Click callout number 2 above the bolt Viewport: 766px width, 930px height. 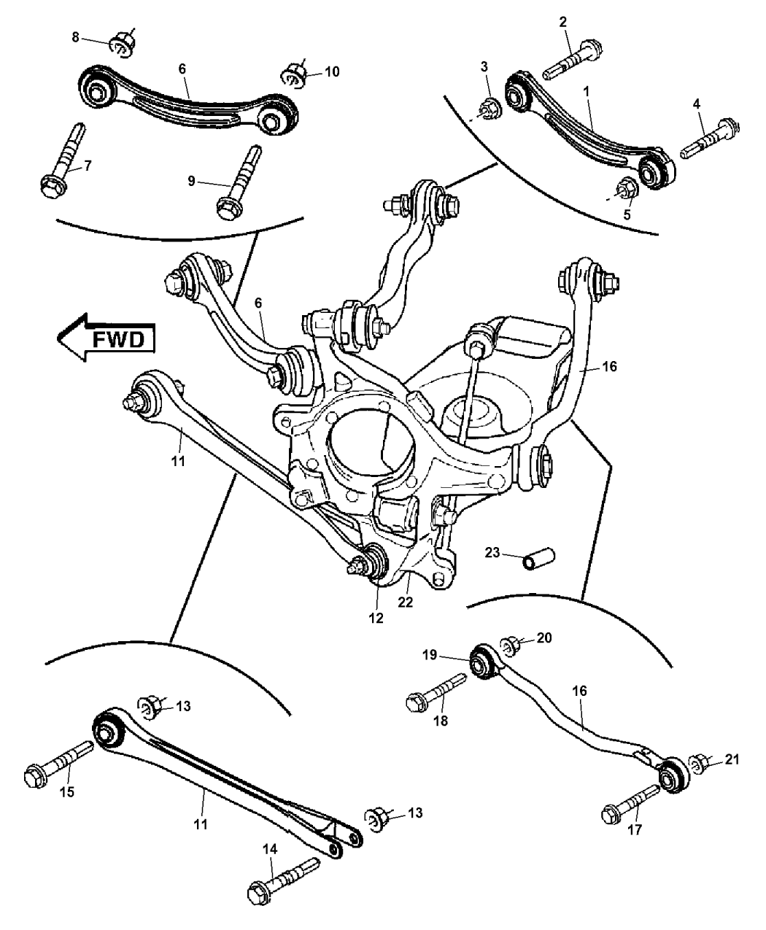tap(563, 23)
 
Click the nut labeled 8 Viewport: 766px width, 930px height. tap(122, 43)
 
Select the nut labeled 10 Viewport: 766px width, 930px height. tap(294, 75)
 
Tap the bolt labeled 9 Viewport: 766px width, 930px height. tap(239, 179)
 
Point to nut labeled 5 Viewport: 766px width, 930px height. tap(627, 189)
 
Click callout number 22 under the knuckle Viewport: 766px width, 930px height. tap(405, 602)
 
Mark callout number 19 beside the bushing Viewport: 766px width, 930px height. tap(450, 655)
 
